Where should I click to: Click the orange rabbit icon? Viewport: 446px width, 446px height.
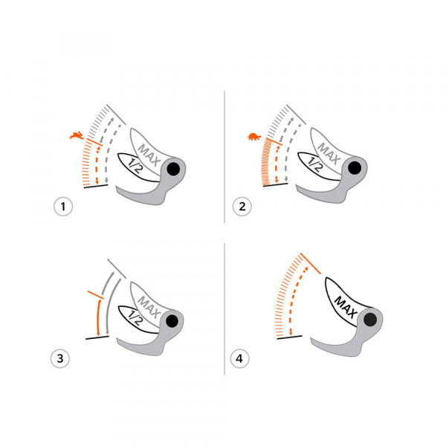pos(77,135)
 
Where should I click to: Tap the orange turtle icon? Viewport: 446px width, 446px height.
pos(254,137)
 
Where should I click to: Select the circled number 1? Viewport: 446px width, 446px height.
pos(63,206)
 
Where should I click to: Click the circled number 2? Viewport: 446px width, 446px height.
pos(242,206)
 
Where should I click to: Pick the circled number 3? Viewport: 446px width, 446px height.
pos(60,358)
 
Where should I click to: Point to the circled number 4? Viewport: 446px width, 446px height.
pos(239,358)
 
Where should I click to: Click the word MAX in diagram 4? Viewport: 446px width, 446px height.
pos(346,307)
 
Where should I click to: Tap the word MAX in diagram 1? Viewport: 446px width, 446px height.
pos(149,155)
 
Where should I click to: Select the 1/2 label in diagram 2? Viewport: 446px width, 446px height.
pos(314,165)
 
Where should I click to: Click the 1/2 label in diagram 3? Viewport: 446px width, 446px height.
pos(135,317)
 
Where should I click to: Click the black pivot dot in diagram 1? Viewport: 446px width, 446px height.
pos(173,169)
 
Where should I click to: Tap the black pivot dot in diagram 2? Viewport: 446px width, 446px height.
pos(355,168)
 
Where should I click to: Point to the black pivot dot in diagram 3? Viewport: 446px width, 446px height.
pos(172,321)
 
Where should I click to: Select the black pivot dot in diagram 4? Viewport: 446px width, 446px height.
pos(370,320)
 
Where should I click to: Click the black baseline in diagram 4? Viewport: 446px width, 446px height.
pos(290,337)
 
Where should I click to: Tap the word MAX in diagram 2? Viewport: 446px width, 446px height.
pos(329,154)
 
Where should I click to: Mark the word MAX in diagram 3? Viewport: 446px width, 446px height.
pos(149,307)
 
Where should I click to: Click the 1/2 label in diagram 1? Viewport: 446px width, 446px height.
pos(135,166)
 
